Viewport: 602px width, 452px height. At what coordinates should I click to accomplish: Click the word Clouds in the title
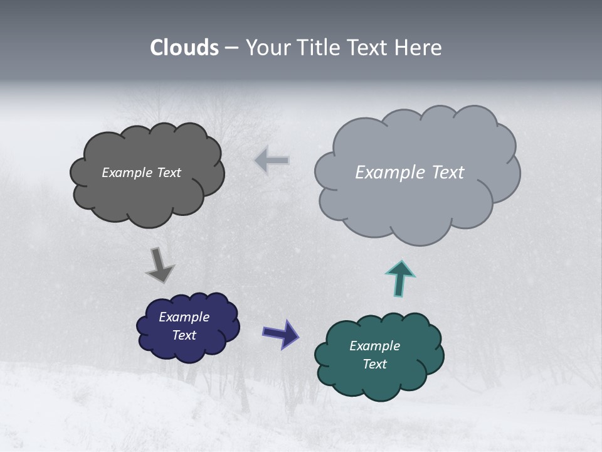(x=184, y=48)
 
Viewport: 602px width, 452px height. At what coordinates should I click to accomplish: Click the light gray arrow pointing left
(x=272, y=161)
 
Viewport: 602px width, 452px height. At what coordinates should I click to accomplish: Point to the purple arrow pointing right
(x=281, y=333)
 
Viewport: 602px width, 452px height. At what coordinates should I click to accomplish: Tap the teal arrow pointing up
(x=400, y=278)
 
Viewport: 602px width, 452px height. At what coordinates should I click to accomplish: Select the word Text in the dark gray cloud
(x=169, y=173)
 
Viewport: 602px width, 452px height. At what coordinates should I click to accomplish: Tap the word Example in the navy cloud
(x=184, y=317)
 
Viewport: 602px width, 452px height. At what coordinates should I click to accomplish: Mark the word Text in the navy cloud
(x=184, y=335)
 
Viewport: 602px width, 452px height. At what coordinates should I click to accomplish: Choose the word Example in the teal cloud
(x=374, y=346)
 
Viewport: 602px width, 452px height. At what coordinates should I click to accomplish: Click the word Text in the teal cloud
(x=375, y=364)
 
